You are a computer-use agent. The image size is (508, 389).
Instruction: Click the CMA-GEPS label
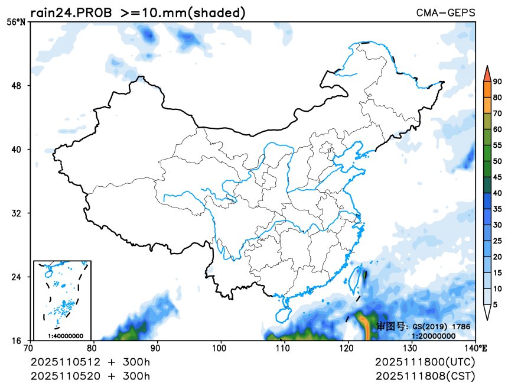click(x=445, y=12)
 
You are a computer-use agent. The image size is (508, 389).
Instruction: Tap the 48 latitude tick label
click(x=17, y=86)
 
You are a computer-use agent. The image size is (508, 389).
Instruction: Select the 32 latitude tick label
click(x=17, y=213)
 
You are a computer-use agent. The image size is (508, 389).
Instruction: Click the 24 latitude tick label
click(x=17, y=277)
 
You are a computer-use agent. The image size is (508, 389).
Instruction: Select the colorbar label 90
click(x=497, y=82)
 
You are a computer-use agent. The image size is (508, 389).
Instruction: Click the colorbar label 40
click(x=497, y=193)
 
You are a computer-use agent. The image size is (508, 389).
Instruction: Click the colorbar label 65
click(x=497, y=114)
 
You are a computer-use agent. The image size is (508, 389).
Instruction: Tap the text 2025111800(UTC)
click(x=425, y=361)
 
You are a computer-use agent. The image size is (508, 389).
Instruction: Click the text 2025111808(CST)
click(x=425, y=375)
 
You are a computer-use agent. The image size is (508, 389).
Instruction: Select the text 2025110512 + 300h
click(x=90, y=361)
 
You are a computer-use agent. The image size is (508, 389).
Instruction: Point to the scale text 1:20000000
click(x=433, y=336)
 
